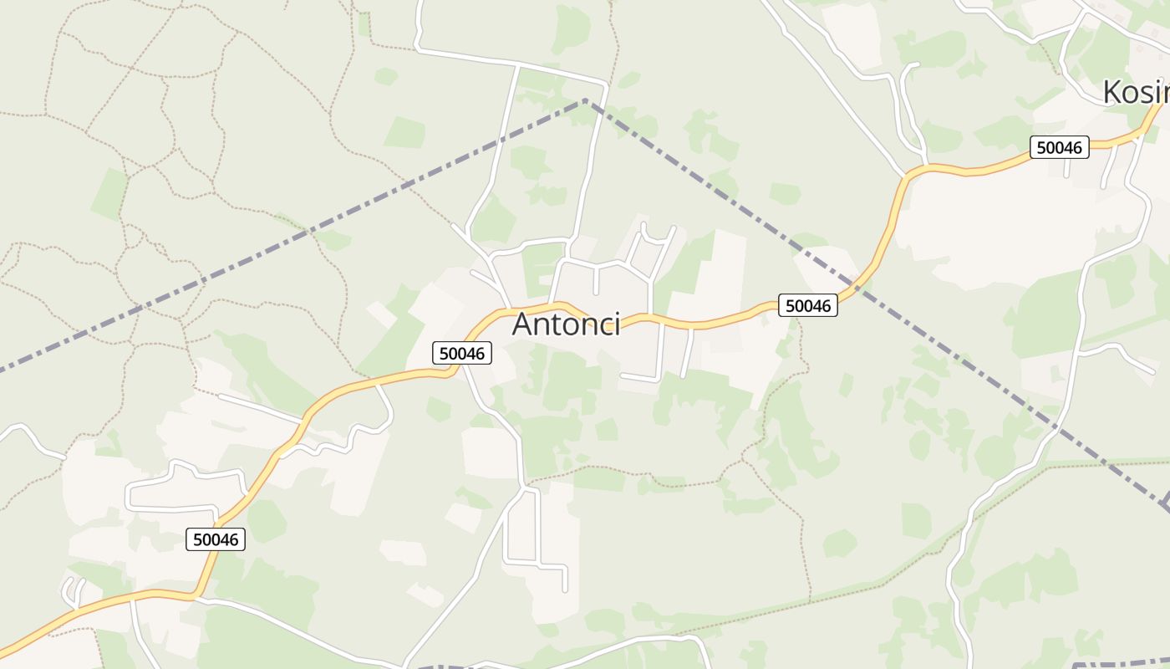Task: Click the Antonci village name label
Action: (566, 324)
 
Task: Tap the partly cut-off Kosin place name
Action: (1136, 92)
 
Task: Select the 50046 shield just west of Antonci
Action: (462, 354)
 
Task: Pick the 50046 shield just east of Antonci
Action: (808, 306)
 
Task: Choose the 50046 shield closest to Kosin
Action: (1059, 148)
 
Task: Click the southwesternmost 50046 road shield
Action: (216, 539)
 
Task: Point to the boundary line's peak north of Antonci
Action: (586, 100)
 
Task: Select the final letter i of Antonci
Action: (617, 324)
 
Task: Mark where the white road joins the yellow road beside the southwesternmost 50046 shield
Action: (195, 596)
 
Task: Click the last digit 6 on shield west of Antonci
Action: (480, 354)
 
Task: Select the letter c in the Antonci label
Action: (604, 324)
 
